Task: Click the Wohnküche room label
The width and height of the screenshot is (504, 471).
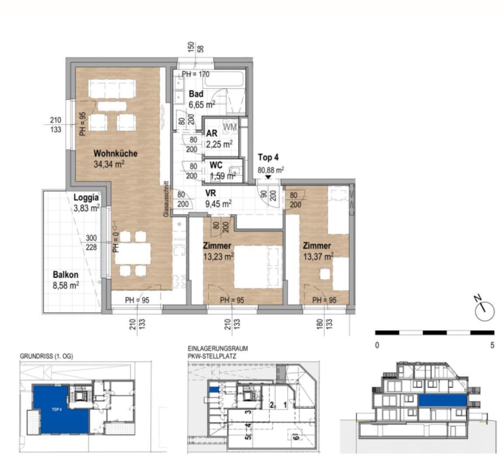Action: pyautogui.click(x=116, y=154)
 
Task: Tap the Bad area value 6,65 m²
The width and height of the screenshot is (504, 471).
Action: pyautogui.click(x=202, y=105)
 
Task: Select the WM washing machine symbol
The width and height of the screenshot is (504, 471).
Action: pyautogui.click(x=230, y=127)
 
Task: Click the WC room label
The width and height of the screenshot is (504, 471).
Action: pyautogui.click(x=216, y=165)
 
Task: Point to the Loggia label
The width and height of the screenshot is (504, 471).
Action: pyautogui.click(x=86, y=197)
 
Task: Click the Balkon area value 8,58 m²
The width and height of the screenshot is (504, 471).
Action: pyautogui.click(x=66, y=286)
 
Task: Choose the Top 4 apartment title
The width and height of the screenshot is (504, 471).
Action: pyautogui.click(x=268, y=157)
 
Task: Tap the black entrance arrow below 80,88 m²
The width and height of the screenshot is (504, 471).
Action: pyautogui.click(x=268, y=177)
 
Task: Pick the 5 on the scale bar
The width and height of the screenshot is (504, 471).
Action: pyautogui.click(x=492, y=345)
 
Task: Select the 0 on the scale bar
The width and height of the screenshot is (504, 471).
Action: pyautogui.click(x=377, y=345)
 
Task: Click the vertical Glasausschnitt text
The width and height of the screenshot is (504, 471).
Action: pyautogui.click(x=166, y=199)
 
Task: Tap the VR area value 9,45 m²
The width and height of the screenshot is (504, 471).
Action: pyautogui.click(x=218, y=203)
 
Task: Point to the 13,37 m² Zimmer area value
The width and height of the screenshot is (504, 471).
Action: pyautogui.click(x=318, y=256)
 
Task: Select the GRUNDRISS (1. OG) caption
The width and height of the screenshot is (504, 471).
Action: pyautogui.click(x=47, y=356)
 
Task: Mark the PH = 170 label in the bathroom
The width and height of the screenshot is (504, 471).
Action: pyautogui.click(x=196, y=74)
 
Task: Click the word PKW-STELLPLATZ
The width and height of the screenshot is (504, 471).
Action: pyautogui.click(x=212, y=356)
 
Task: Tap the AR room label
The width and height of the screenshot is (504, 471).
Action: pyautogui.click(x=212, y=133)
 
